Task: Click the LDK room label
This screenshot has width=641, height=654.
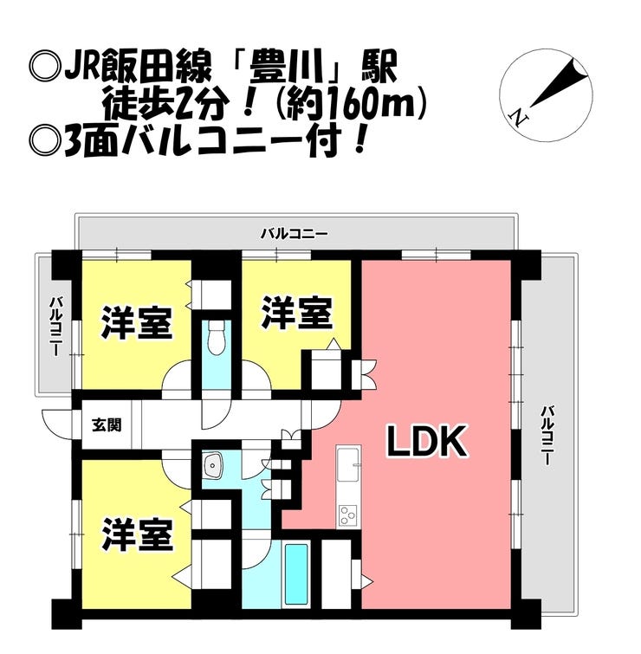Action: (427, 441)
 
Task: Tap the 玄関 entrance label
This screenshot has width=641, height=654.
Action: (107, 425)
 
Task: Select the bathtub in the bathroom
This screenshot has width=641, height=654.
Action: (296, 574)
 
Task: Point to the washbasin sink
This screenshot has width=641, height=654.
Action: (214, 465)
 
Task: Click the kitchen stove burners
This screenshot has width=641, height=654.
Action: (347, 515)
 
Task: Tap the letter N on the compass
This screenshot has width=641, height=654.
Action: (518, 118)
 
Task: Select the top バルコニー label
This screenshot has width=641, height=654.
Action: (294, 234)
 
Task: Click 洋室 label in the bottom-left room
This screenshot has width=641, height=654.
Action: (137, 534)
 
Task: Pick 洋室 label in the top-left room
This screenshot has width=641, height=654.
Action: (137, 323)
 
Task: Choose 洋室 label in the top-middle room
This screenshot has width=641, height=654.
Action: (297, 313)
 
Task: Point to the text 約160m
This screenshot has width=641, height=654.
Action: (353, 103)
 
